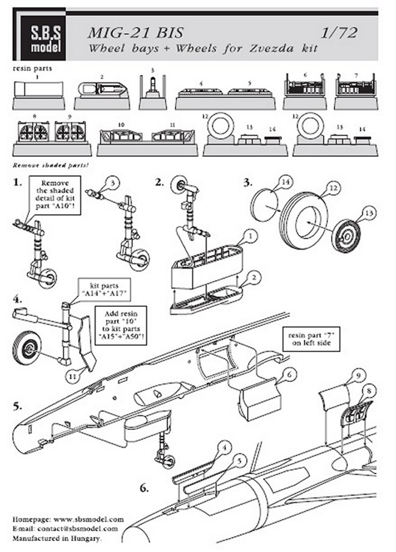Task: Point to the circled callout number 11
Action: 72,378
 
